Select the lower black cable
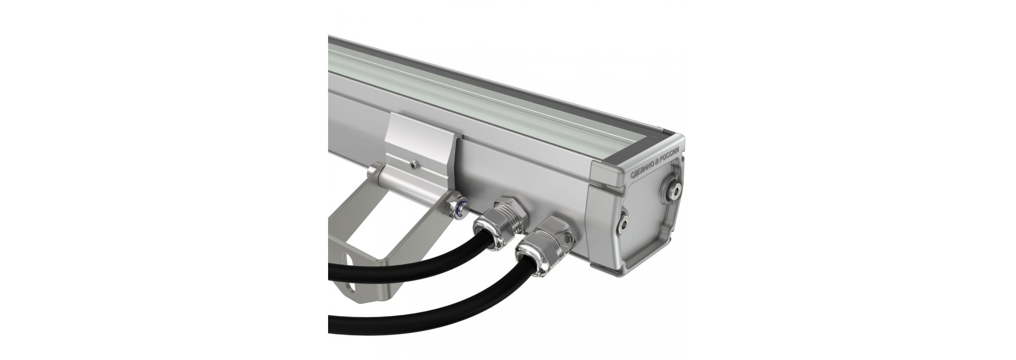(423, 302)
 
